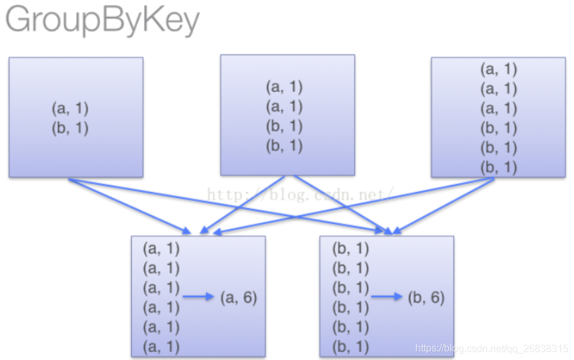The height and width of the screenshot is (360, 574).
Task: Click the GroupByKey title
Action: (x=102, y=21)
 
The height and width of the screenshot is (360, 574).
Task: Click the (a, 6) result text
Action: (x=239, y=297)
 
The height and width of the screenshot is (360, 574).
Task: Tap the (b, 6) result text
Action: (x=426, y=297)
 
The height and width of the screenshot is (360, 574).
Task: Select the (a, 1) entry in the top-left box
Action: (x=70, y=108)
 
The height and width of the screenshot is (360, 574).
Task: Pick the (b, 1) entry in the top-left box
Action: (x=70, y=128)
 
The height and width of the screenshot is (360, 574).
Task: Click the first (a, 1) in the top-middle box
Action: (x=284, y=87)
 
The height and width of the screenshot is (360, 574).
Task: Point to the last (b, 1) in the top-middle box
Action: (x=284, y=146)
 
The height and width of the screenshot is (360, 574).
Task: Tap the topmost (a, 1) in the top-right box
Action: (x=498, y=69)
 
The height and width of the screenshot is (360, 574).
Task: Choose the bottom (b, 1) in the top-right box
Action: (x=498, y=167)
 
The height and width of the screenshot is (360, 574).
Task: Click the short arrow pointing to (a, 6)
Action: (x=199, y=297)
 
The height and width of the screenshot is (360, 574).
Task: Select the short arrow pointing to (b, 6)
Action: (x=387, y=297)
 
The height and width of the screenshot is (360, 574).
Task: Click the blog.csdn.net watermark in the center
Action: (x=300, y=194)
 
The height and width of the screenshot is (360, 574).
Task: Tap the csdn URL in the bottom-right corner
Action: (x=492, y=348)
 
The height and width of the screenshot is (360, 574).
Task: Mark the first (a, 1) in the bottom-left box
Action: (x=161, y=248)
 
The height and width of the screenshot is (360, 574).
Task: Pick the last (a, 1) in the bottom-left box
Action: (x=161, y=346)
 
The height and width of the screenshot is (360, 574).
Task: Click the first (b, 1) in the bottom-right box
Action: (x=350, y=248)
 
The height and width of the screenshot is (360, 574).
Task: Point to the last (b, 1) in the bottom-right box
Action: (x=350, y=346)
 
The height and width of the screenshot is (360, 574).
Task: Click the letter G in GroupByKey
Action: (x=19, y=21)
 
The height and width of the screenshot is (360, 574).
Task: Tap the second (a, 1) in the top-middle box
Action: (x=284, y=106)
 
